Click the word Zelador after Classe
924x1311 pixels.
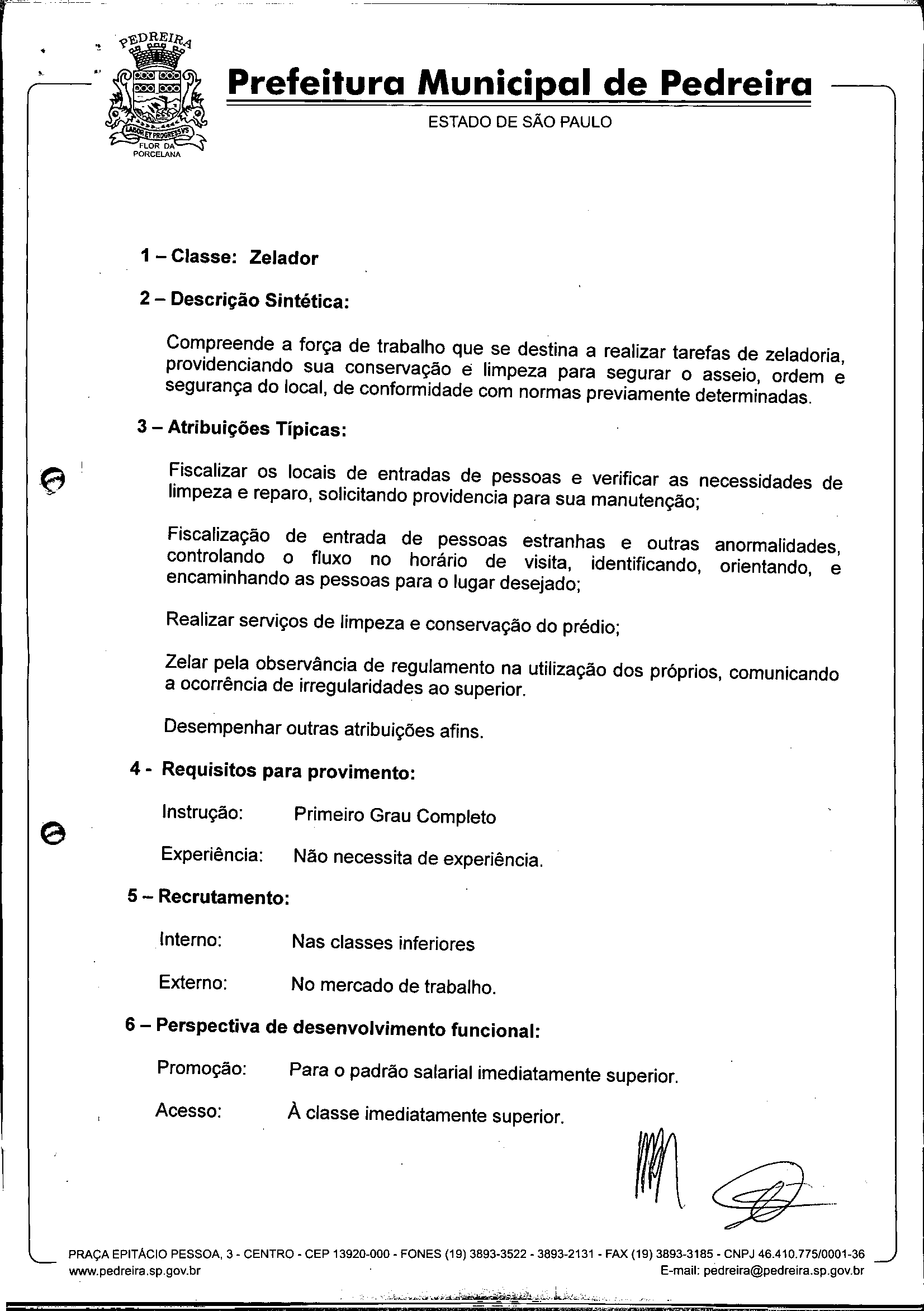click(x=283, y=258)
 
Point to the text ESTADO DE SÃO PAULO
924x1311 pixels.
click(x=520, y=122)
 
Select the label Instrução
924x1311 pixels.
click(x=203, y=811)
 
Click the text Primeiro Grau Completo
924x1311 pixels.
click(x=395, y=816)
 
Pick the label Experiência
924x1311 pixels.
click(x=212, y=854)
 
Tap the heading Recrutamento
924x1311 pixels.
click(x=223, y=897)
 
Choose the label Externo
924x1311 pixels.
click(x=193, y=982)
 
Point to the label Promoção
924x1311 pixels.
click(x=202, y=1068)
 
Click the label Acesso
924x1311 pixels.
click(x=188, y=1110)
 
